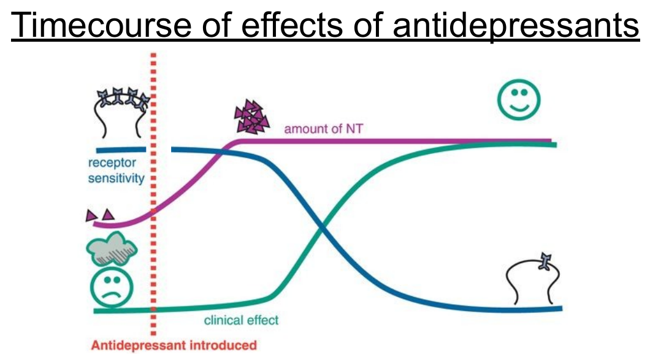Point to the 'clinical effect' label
coord(241,320)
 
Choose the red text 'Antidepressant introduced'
coord(174,345)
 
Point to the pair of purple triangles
coord(100,215)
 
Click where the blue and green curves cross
coord(323,230)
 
